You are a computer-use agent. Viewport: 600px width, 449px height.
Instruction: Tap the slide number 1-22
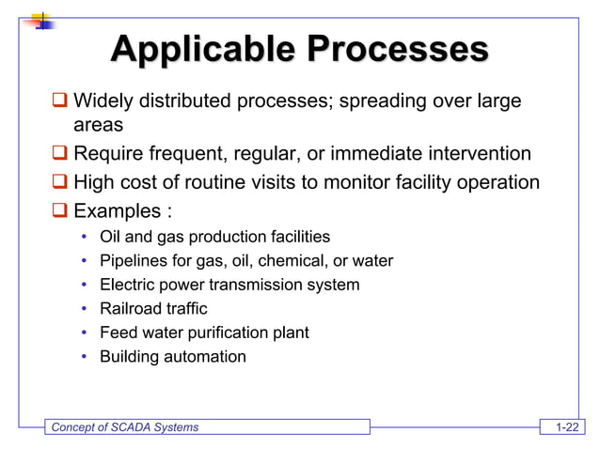click(x=566, y=428)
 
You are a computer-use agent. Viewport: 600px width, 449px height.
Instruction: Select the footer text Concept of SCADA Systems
click(x=124, y=428)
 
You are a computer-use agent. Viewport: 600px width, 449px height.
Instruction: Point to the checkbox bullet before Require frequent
click(x=59, y=154)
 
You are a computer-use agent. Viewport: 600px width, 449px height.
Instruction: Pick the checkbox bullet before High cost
click(x=59, y=182)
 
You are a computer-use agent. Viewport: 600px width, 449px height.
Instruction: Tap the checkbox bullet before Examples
click(x=59, y=210)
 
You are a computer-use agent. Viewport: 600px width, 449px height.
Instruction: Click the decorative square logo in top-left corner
click(x=39, y=18)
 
